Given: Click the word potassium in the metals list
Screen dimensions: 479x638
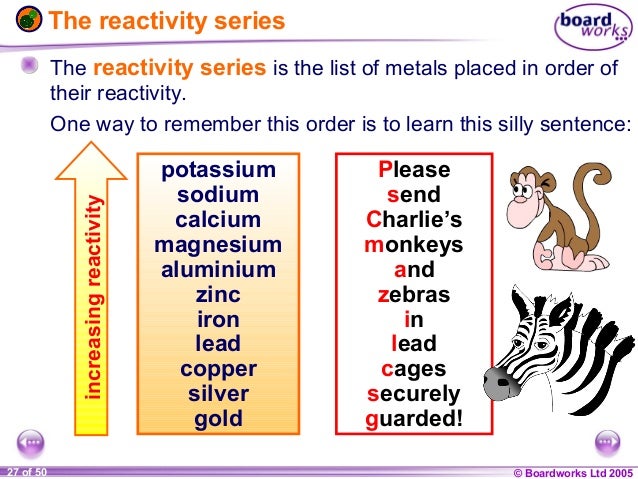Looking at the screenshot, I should click(218, 170).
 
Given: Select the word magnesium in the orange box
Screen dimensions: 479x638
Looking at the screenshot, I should click(218, 244).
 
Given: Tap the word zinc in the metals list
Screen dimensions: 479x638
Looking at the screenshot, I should click(218, 294).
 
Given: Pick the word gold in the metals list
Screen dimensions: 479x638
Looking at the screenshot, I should click(218, 418).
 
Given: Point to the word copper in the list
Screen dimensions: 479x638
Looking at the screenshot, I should click(218, 368).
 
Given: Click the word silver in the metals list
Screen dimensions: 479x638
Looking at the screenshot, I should click(218, 393).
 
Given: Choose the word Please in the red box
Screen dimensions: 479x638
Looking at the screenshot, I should click(414, 170).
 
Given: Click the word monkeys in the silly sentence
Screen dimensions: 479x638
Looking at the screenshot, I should click(414, 244).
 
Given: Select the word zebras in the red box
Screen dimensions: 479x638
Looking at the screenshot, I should click(414, 294).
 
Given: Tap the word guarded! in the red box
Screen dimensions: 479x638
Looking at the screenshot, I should click(414, 418).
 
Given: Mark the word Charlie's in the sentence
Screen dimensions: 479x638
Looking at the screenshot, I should click(414, 219).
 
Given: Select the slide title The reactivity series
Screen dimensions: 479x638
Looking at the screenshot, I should click(166, 20).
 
